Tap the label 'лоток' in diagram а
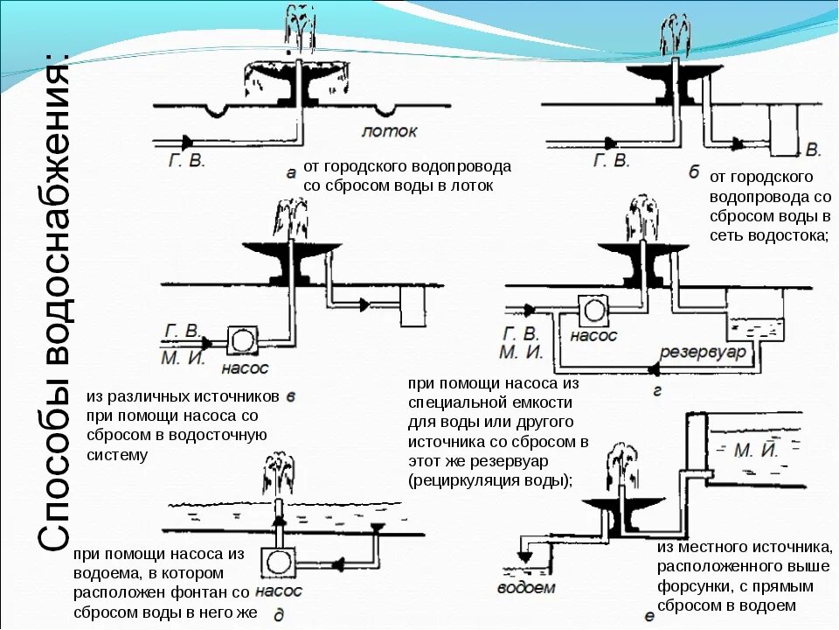[389, 131]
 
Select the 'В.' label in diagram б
[812, 148]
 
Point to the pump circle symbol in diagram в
[240, 338]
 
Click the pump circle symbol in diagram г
[594, 310]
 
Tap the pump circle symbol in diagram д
[279, 560]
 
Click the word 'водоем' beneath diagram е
[526, 587]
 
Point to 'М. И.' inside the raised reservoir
[757, 451]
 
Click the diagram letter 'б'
[693, 172]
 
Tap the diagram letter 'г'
[657, 391]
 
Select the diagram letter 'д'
[278, 615]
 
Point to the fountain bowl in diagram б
[674, 75]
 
